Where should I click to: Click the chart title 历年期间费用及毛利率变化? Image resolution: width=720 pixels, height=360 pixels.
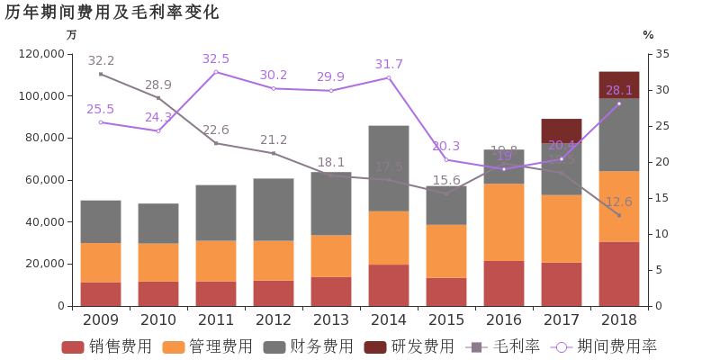112,13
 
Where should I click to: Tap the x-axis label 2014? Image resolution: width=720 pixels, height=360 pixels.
389,319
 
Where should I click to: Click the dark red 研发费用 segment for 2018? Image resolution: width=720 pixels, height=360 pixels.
619,85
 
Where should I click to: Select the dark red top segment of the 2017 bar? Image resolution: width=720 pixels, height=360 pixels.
562,131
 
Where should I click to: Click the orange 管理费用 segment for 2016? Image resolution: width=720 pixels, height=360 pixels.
504,222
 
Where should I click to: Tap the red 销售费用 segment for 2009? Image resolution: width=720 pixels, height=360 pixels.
101,294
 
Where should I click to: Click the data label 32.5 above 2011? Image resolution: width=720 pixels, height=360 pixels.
216,59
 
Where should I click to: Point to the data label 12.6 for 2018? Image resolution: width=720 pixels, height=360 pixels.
619,202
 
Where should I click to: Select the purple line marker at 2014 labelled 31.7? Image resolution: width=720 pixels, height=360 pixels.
389,77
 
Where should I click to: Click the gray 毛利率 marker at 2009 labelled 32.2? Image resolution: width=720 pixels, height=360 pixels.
101,74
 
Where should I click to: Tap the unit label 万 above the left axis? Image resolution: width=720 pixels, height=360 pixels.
72,35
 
